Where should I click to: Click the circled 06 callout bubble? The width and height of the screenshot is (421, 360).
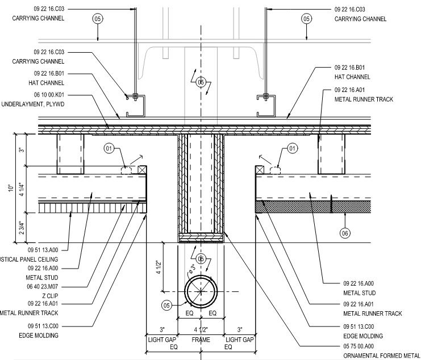(x=345, y=232)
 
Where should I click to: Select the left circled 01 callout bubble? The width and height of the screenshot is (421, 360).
(x=110, y=149)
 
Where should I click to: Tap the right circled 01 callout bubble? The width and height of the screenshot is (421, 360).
(x=292, y=149)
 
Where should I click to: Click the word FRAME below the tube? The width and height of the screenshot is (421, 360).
(x=201, y=339)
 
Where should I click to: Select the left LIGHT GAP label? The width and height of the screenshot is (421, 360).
(x=161, y=339)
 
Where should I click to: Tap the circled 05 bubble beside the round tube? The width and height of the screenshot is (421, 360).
(x=167, y=305)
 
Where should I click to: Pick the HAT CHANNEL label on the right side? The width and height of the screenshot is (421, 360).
(x=352, y=77)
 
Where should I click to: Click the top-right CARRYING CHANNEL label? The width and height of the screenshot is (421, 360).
(x=361, y=19)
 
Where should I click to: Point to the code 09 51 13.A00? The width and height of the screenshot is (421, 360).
(x=51, y=248)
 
